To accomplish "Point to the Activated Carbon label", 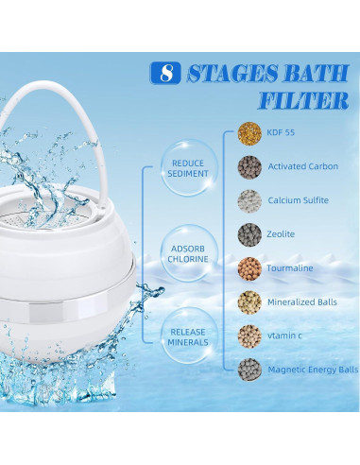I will click(302, 167).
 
